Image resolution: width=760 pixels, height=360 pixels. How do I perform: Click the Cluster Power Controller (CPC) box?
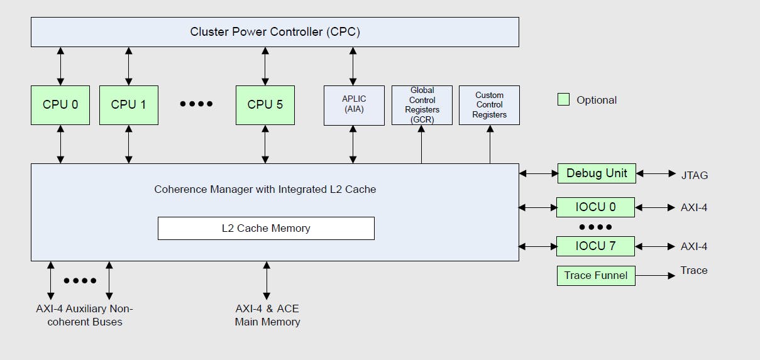click(275, 31)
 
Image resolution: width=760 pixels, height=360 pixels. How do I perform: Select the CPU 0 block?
click(60, 105)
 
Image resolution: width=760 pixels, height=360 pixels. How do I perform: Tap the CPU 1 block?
click(128, 105)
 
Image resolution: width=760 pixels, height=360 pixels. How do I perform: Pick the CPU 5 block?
click(265, 105)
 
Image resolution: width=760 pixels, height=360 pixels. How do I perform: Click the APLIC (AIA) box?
click(354, 105)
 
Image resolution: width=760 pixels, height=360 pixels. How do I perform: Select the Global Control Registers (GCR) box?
click(422, 105)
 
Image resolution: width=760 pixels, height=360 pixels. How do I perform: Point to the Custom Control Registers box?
click(489, 105)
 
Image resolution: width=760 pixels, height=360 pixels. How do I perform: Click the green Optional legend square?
click(563, 99)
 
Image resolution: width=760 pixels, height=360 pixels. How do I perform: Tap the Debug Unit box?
click(597, 173)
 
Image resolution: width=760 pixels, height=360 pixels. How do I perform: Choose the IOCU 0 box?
click(595, 207)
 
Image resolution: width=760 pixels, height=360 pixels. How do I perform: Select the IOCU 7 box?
click(595, 246)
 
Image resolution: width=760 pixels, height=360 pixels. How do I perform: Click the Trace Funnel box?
click(596, 275)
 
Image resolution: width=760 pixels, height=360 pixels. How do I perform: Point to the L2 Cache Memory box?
click(266, 228)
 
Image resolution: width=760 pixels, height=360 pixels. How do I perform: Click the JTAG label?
click(694, 175)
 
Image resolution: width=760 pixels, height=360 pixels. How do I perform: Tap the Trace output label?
click(693, 271)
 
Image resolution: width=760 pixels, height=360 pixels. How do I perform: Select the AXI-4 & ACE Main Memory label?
click(267, 315)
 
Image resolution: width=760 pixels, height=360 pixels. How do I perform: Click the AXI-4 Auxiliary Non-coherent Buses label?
click(84, 315)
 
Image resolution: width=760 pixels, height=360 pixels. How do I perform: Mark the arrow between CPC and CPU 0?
click(60, 66)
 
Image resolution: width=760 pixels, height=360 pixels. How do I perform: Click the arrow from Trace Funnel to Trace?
click(655, 275)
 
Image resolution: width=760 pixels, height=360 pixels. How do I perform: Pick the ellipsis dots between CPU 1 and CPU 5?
click(197, 104)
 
